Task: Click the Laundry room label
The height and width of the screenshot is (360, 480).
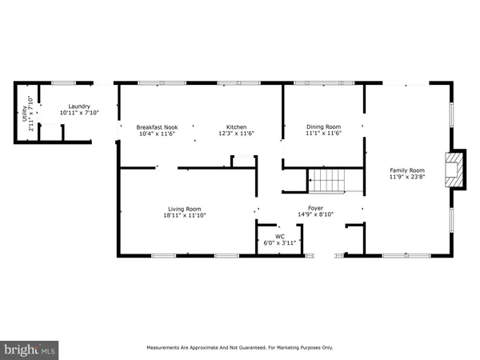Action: (78, 106)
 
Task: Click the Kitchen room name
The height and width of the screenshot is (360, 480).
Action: (236, 127)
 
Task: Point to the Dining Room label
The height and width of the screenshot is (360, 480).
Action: (324, 126)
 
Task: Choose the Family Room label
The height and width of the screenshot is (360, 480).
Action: (406, 170)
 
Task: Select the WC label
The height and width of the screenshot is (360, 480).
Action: (280, 236)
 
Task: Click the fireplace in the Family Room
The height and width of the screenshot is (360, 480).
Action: (456, 170)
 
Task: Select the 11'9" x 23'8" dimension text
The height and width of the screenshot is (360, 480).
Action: (406, 178)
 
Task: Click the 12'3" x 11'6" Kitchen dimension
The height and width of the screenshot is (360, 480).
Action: (236, 134)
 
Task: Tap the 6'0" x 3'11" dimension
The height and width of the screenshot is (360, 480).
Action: (280, 242)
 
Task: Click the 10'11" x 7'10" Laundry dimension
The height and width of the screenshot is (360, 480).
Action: (78, 114)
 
